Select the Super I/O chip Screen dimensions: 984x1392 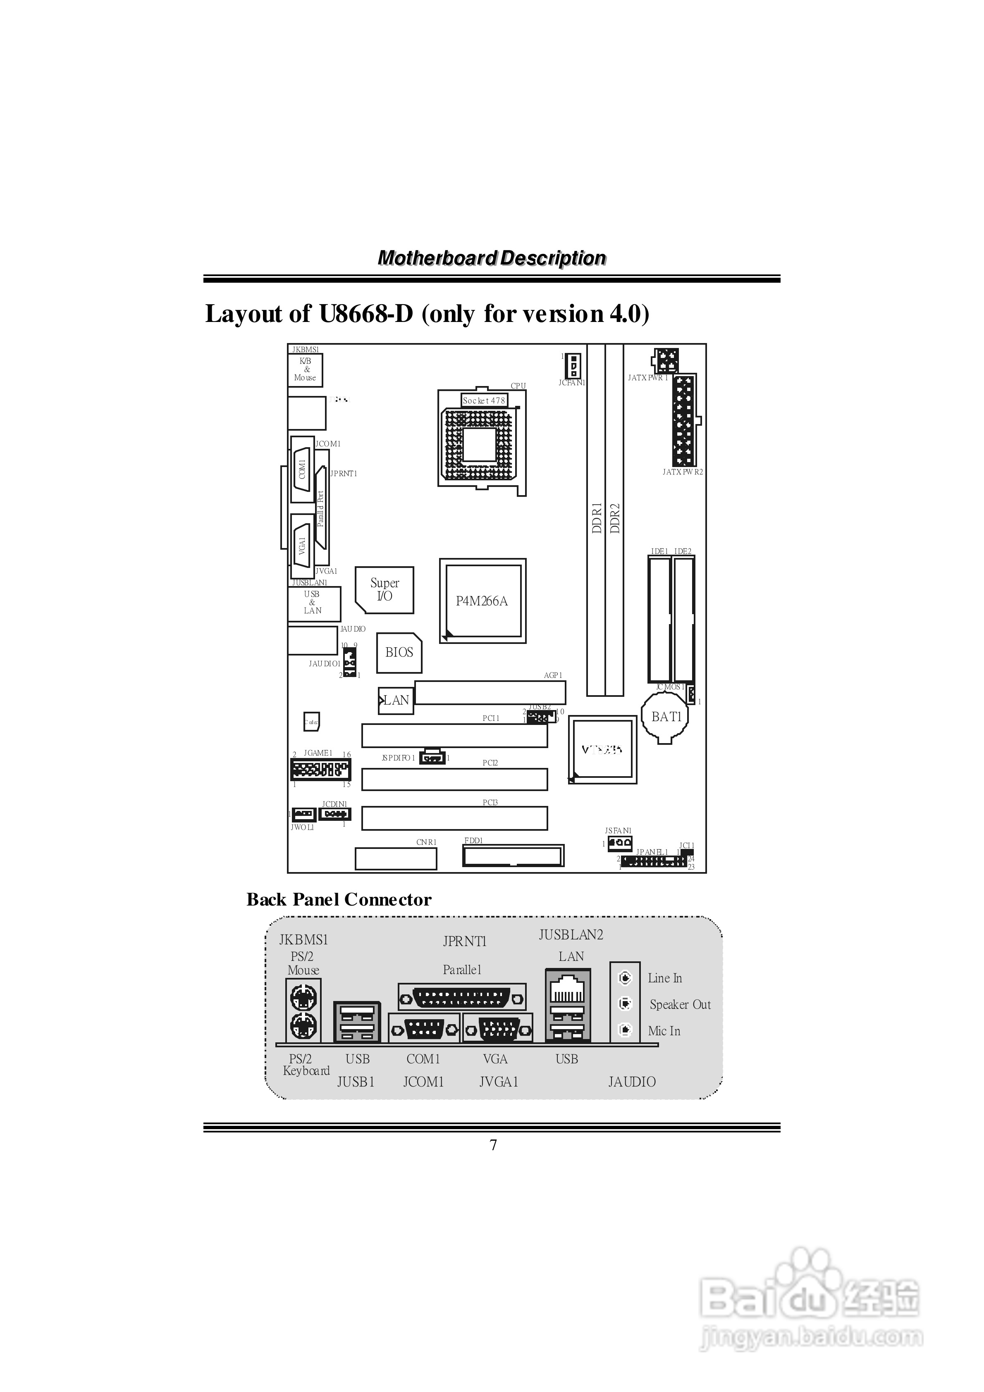point(385,589)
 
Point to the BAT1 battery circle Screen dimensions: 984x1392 point(666,717)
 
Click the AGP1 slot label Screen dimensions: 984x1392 point(553,675)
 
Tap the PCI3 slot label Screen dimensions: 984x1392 point(490,802)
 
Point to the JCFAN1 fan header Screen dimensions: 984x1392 point(573,366)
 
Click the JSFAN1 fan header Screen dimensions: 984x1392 point(619,843)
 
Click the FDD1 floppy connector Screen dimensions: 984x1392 point(513,856)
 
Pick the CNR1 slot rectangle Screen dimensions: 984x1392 point(396,858)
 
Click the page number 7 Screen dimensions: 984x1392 point(493,1145)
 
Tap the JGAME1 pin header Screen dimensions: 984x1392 point(320,770)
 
